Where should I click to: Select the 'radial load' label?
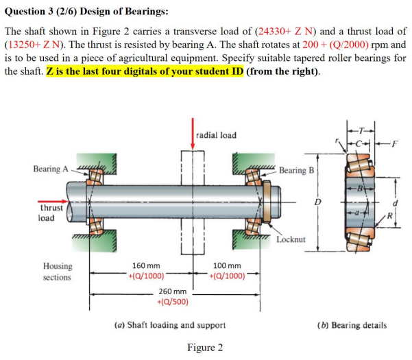pos(217,134)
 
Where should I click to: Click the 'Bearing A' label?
pos(50,169)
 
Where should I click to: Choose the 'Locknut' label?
pos(291,239)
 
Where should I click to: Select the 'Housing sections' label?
pos(57,272)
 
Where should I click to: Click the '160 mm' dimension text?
pos(146,265)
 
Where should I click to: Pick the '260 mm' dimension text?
pos(173,291)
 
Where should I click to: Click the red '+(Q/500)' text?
pos(173,302)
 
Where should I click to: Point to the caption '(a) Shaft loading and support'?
pos(171,324)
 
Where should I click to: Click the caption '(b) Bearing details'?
pos(352,324)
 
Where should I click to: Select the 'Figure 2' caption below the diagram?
pos(205,348)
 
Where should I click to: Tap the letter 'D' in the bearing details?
pos(317,202)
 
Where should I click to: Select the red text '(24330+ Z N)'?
pos(294,32)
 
